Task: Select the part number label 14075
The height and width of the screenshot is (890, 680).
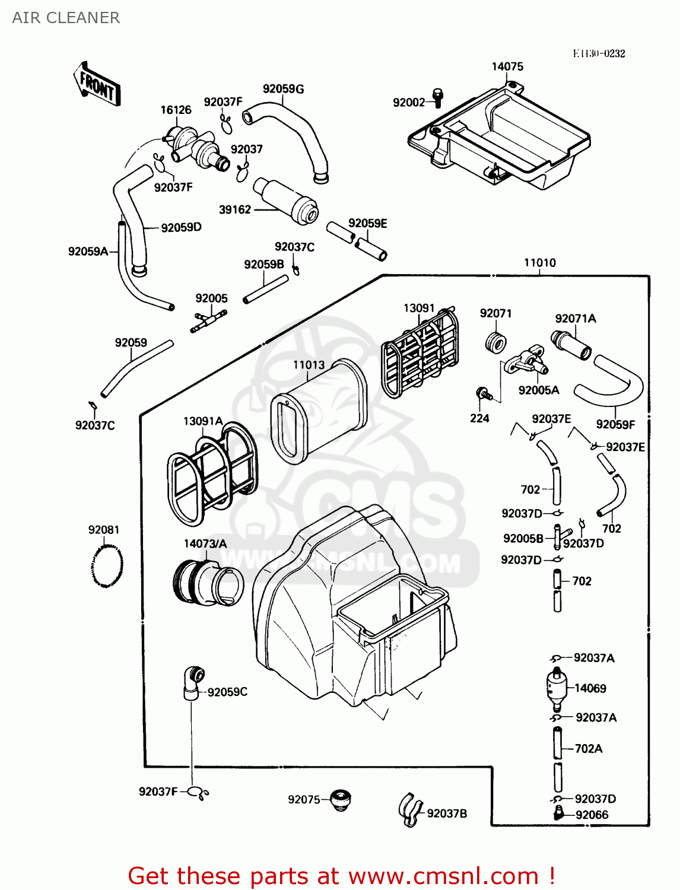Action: point(507,66)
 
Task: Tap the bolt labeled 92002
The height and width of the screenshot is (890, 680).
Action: point(438,98)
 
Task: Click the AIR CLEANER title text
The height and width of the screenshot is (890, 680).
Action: point(66,18)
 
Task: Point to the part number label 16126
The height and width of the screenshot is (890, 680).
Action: point(176,110)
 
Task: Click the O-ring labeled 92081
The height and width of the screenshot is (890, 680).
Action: point(107,566)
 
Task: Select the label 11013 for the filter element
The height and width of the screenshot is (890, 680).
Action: point(309,365)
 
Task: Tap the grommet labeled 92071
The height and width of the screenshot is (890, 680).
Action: point(495,343)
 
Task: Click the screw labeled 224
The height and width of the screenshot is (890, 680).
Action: point(483,393)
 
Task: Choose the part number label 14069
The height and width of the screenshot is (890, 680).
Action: point(590,688)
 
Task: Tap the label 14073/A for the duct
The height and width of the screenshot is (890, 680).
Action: point(205,543)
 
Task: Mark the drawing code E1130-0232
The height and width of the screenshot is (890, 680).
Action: point(599,53)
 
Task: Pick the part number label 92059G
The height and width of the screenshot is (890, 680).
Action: point(283,89)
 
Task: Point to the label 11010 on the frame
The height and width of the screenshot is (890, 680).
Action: point(539,263)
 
